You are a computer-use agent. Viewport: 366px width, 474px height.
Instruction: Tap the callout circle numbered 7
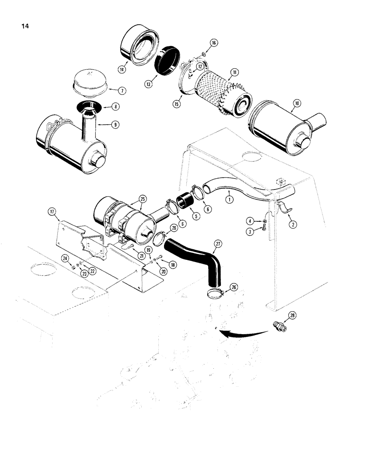click(x=122, y=90)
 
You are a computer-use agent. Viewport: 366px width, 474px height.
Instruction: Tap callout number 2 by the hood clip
click(x=293, y=225)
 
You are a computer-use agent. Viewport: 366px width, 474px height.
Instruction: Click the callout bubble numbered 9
click(x=115, y=124)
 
